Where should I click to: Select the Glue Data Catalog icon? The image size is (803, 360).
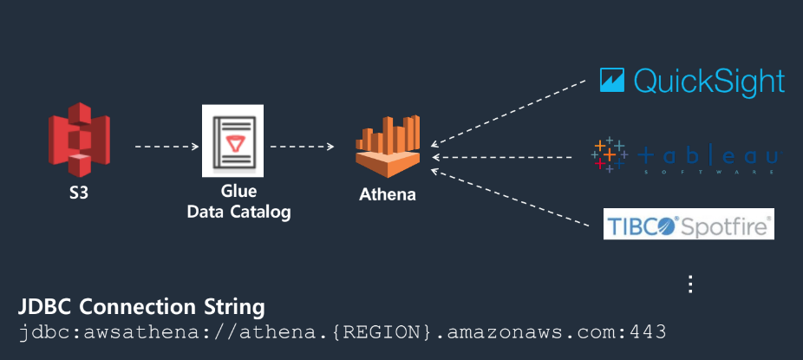[229, 142]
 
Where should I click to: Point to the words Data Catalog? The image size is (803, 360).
[239, 211]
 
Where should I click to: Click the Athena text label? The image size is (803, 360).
[388, 194]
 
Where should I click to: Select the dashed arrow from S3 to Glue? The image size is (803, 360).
[166, 147]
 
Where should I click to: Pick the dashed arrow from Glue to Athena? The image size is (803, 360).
[302, 146]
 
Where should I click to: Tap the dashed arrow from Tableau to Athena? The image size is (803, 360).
[508, 157]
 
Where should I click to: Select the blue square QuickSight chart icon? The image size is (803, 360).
[612, 81]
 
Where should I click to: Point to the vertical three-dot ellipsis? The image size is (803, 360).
[691, 284]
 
